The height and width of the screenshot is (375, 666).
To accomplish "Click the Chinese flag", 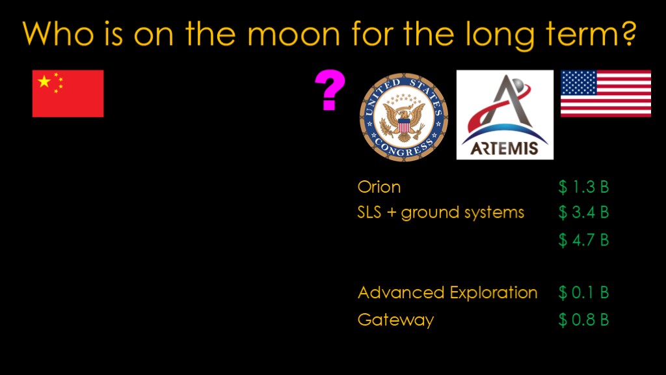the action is click(68, 94).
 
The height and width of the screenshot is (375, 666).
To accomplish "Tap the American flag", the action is click(606, 94).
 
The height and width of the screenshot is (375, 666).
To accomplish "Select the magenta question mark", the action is click(330, 90).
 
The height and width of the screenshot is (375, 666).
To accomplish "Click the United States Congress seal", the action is click(403, 117).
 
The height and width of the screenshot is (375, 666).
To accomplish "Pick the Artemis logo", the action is click(505, 115).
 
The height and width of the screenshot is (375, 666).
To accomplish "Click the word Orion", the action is click(379, 187).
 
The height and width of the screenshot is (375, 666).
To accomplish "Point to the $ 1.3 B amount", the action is click(583, 187).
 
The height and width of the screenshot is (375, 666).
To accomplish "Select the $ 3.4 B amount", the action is click(583, 212).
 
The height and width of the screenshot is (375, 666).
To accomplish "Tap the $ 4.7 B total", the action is click(583, 240).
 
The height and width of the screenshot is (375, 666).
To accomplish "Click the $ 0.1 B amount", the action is click(583, 292).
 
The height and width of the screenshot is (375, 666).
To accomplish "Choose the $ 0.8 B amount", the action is click(583, 320).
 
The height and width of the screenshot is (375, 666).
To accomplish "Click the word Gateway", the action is click(396, 320).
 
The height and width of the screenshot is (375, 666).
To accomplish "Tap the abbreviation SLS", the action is click(369, 212).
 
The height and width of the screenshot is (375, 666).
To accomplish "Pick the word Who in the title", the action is click(58, 33).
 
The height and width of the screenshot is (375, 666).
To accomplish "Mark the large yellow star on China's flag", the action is click(44, 81).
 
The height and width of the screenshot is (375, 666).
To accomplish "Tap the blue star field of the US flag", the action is click(579, 83).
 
